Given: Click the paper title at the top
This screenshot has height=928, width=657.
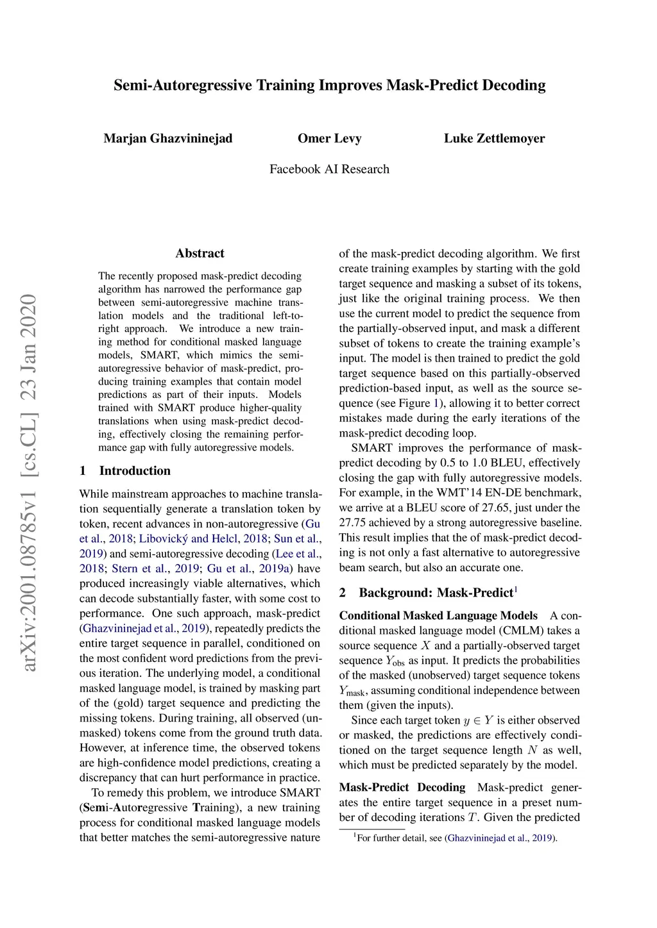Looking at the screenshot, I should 329,85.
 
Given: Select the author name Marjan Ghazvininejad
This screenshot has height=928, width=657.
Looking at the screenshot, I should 168,138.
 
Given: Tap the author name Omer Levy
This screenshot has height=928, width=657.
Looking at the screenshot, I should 329,138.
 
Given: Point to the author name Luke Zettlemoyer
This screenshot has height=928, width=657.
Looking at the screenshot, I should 494,138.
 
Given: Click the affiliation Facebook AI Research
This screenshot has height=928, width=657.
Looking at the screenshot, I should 329,169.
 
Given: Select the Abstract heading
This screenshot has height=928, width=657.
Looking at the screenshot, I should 200,253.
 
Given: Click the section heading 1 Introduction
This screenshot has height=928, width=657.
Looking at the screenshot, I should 125,470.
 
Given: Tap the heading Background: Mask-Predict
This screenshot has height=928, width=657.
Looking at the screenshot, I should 436,593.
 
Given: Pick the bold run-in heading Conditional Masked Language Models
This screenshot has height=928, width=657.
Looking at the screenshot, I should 438,616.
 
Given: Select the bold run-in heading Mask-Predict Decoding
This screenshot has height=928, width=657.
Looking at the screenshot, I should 402,788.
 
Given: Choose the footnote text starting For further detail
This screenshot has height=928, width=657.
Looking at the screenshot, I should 456,838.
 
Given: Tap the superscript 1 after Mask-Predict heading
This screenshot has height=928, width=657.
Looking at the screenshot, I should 516,589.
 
